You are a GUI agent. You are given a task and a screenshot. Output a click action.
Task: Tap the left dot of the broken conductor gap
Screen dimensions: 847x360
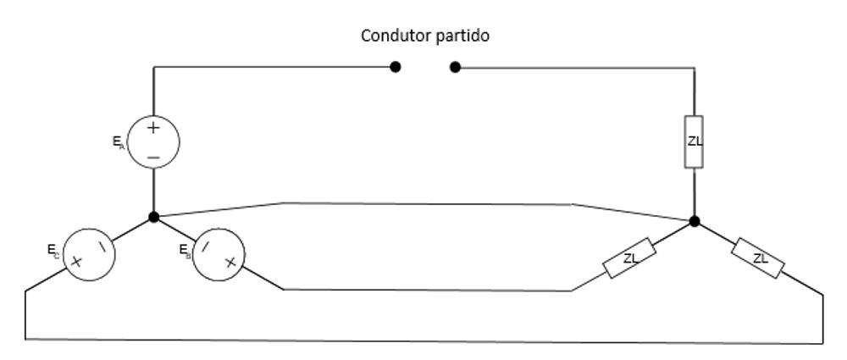click(x=396, y=67)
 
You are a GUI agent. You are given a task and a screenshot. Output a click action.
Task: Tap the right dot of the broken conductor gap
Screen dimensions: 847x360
click(x=455, y=67)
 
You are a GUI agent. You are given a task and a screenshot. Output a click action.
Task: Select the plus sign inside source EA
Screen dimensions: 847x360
click(x=153, y=128)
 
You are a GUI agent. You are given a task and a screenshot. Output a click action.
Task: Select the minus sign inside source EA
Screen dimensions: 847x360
click(x=153, y=158)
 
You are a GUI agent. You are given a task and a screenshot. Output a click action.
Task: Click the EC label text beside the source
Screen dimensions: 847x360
click(x=53, y=251)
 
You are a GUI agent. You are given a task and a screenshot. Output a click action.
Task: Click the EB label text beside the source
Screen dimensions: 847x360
click(x=185, y=251)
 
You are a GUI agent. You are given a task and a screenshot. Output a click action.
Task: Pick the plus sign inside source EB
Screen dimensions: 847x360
click(x=230, y=263)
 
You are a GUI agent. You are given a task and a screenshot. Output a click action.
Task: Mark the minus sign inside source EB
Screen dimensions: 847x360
click(x=206, y=246)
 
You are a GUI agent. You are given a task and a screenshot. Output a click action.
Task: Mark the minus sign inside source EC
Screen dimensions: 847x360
click(x=102, y=246)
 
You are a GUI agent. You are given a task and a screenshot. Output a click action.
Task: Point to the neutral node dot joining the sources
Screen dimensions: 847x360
click(x=153, y=217)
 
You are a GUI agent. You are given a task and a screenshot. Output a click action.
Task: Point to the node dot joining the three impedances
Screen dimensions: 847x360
click(x=695, y=221)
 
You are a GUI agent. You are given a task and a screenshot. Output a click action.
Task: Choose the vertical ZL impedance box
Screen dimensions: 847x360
click(x=695, y=141)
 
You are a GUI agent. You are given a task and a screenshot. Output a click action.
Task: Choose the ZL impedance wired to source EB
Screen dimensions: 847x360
click(x=630, y=258)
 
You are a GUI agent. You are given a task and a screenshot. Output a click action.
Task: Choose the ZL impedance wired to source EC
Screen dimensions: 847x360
click(x=759, y=258)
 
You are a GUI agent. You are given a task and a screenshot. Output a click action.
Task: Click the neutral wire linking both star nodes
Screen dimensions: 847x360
click(x=423, y=203)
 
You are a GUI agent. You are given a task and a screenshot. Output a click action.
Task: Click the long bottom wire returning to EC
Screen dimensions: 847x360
click(x=423, y=341)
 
